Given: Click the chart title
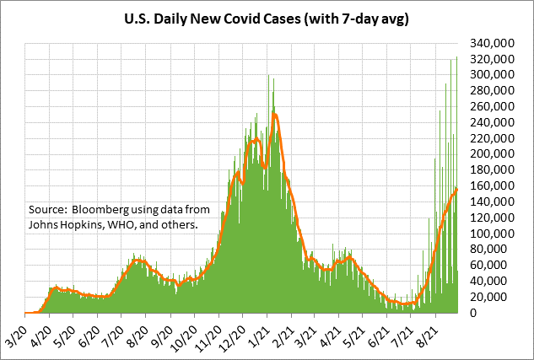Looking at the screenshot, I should click(x=267, y=18).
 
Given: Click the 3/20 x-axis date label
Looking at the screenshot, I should click(x=15, y=328).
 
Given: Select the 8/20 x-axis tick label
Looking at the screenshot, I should click(x=138, y=328).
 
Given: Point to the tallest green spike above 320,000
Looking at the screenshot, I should click(x=456, y=57).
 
